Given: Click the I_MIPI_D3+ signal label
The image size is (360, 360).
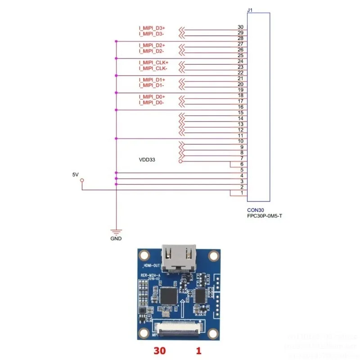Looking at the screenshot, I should (x=152, y=28).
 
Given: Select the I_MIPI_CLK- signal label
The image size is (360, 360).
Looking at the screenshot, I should (x=153, y=68).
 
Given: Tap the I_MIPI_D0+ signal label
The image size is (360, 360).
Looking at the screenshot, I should (x=152, y=97).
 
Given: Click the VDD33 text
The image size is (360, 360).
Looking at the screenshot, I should (x=147, y=160).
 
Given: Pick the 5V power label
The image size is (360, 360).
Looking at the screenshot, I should (x=76, y=174).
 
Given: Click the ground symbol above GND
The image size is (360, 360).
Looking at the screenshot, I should (x=116, y=231).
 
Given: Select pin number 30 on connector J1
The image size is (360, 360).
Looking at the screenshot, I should (x=240, y=27).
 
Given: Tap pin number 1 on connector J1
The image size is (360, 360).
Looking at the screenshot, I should (x=242, y=193).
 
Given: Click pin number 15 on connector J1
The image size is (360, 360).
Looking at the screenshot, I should (x=240, y=112).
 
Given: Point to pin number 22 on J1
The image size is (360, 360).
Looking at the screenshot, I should (x=240, y=73).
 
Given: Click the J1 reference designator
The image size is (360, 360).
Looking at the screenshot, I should (x=250, y=9).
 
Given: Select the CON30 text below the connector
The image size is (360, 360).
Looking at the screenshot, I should (x=255, y=210).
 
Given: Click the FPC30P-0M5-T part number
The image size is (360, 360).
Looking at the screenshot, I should (x=265, y=216).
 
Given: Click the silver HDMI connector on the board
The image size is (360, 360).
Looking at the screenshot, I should (x=180, y=258).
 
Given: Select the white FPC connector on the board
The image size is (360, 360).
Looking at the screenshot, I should (x=178, y=328).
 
